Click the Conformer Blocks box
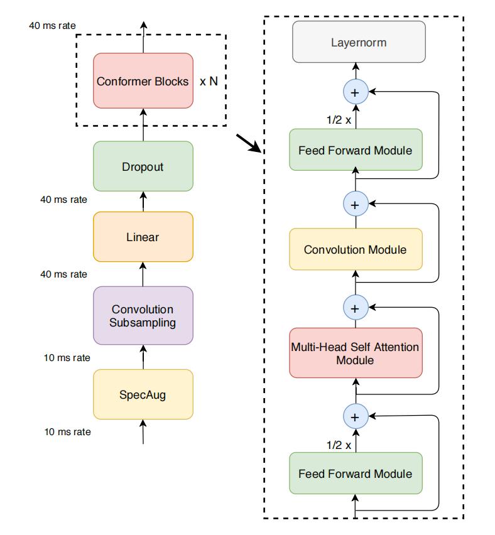143,81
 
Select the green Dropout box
143,166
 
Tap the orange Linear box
143,237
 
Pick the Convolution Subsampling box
143,316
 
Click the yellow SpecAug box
143,394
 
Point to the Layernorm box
359,42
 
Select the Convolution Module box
356,249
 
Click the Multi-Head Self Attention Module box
356,353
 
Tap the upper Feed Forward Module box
356,150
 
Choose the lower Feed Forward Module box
356,473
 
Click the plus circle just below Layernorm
356,92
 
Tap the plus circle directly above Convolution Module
356,204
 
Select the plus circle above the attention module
356,308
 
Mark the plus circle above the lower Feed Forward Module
356,416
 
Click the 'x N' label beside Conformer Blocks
209,81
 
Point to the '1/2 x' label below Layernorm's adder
339,120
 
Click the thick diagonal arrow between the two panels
249,143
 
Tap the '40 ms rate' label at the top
52,26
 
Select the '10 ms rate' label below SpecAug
68,431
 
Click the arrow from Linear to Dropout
143,202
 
